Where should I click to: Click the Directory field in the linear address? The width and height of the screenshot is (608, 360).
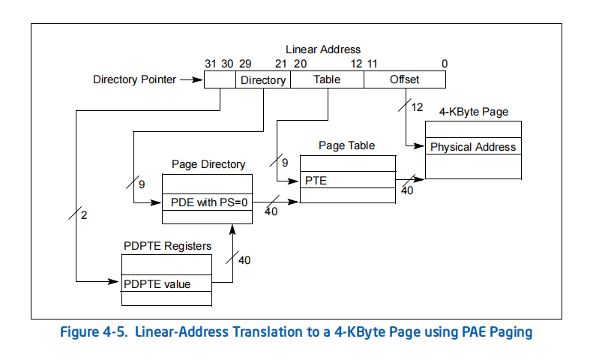coord(263,79)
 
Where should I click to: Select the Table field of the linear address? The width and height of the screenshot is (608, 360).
coord(327,79)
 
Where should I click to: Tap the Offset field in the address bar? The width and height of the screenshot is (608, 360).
coord(404,79)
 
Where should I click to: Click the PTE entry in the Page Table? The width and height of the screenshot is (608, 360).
coord(348,180)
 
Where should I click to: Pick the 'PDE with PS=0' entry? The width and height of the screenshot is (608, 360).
coord(207,202)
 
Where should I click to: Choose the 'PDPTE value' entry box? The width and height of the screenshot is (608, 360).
coord(166,283)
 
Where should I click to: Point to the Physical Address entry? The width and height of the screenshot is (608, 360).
coord(473,146)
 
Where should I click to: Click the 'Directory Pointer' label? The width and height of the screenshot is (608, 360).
coord(134,79)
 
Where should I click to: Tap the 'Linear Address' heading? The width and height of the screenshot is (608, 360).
coord(323,49)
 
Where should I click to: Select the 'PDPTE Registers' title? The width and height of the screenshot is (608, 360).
coord(167,246)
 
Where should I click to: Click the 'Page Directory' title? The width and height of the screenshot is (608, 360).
coord(208,164)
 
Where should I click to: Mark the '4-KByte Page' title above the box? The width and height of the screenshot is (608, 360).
coord(474,112)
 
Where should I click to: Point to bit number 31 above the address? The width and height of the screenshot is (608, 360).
coord(210,64)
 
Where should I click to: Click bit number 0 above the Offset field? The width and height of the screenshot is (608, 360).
coord(445,64)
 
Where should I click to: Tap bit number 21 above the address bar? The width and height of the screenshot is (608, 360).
coord(280,64)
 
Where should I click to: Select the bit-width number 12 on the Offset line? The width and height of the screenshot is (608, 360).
coord(417,107)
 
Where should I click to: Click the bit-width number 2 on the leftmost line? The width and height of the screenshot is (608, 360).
coord(84,215)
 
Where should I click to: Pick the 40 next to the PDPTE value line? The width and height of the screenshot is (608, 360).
coord(244,260)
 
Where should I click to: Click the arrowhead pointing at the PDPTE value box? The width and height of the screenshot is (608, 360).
coord(114,281)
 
